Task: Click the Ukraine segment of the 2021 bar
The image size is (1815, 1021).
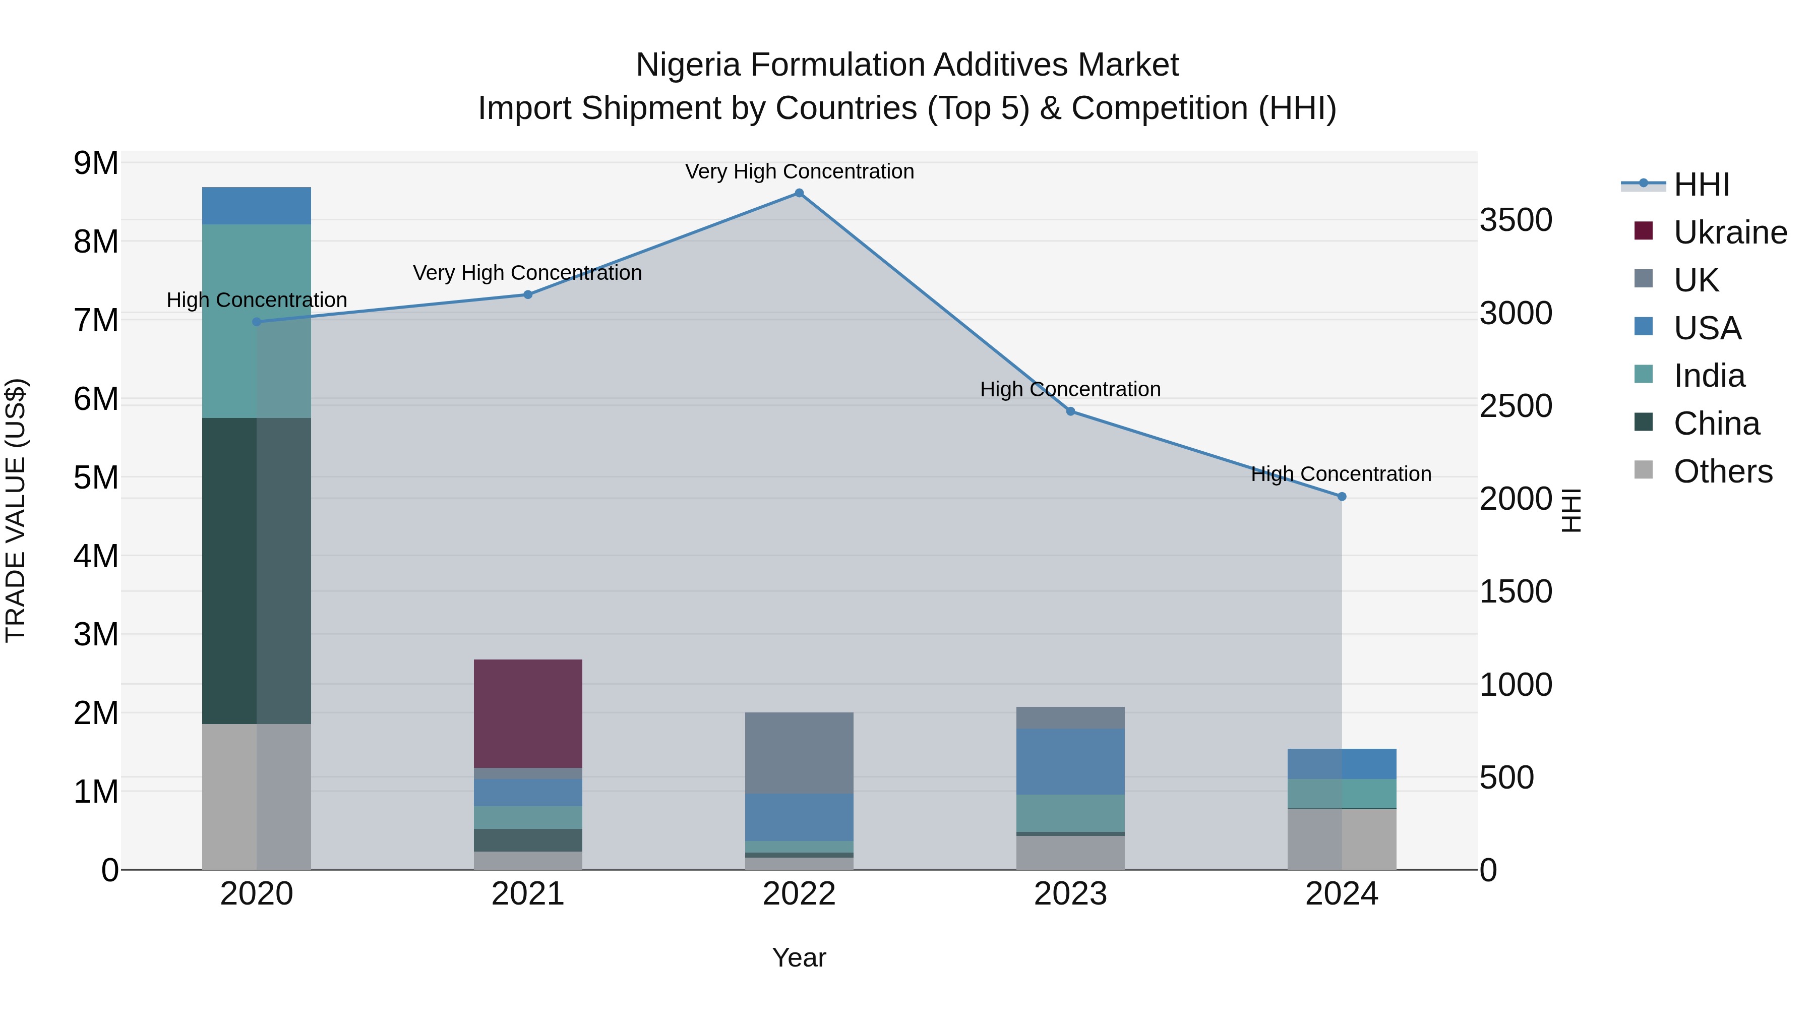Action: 528,713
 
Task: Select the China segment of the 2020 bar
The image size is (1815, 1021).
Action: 257,571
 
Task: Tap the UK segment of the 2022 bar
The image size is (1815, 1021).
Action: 799,753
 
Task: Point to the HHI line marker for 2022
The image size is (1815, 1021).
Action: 799,193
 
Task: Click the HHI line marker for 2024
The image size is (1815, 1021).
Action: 1342,497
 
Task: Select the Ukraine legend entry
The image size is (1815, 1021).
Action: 1730,232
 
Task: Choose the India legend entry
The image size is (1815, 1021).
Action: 1709,376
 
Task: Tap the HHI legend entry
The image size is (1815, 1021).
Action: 1701,185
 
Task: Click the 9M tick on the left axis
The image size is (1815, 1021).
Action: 96,163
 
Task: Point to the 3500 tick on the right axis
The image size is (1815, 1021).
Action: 1516,220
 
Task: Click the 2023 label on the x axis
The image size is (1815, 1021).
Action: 1070,894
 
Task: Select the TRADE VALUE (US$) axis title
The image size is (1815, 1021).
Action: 16,510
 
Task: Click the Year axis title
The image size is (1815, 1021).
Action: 799,957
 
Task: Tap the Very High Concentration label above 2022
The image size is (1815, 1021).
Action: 799,171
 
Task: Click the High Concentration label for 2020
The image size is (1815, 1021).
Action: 257,300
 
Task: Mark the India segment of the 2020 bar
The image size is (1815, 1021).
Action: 257,321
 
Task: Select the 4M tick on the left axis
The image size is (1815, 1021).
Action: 96,556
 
